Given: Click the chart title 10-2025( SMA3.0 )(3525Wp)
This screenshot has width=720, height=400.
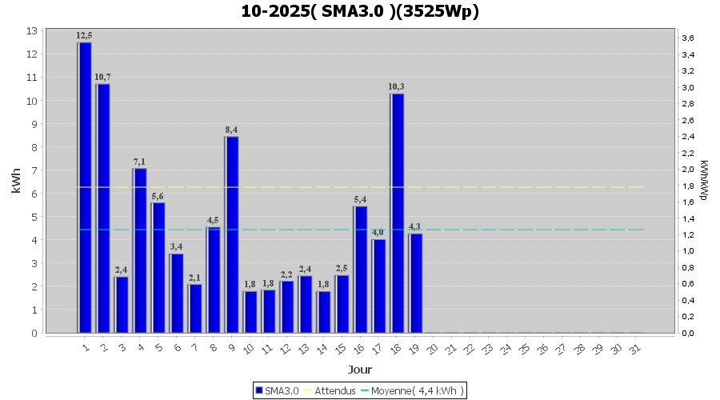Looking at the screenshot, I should pyautogui.click(x=360, y=11).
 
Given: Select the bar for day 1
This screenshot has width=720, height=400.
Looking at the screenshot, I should pyautogui.click(x=84, y=187).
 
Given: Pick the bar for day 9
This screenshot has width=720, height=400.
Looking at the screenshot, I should pyautogui.click(x=231, y=234).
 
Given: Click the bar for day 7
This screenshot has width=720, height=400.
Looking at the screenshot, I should pyautogui.click(x=194, y=308).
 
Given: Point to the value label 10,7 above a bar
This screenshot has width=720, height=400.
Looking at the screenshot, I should pyautogui.click(x=102, y=77).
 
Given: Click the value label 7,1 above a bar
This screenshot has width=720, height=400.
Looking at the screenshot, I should pyautogui.click(x=139, y=162).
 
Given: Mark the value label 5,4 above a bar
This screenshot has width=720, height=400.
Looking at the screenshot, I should pyautogui.click(x=360, y=199).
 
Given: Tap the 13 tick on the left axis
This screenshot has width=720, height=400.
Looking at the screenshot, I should pyautogui.click(x=31, y=30).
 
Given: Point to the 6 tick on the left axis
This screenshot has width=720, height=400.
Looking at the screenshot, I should pyautogui.click(x=34, y=194).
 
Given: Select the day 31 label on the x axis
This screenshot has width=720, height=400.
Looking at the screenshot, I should pyautogui.click(x=634, y=350).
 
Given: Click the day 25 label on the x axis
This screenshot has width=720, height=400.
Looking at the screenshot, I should pyautogui.click(x=524, y=350).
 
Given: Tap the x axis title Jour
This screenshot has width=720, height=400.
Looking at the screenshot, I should pyautogui.click(x=360, y=369).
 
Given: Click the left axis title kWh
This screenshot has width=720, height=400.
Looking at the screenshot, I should pyautogui.click(x=16, y=182).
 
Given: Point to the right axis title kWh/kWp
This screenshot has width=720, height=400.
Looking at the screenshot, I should pyautogui.click(x=703, y=182).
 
